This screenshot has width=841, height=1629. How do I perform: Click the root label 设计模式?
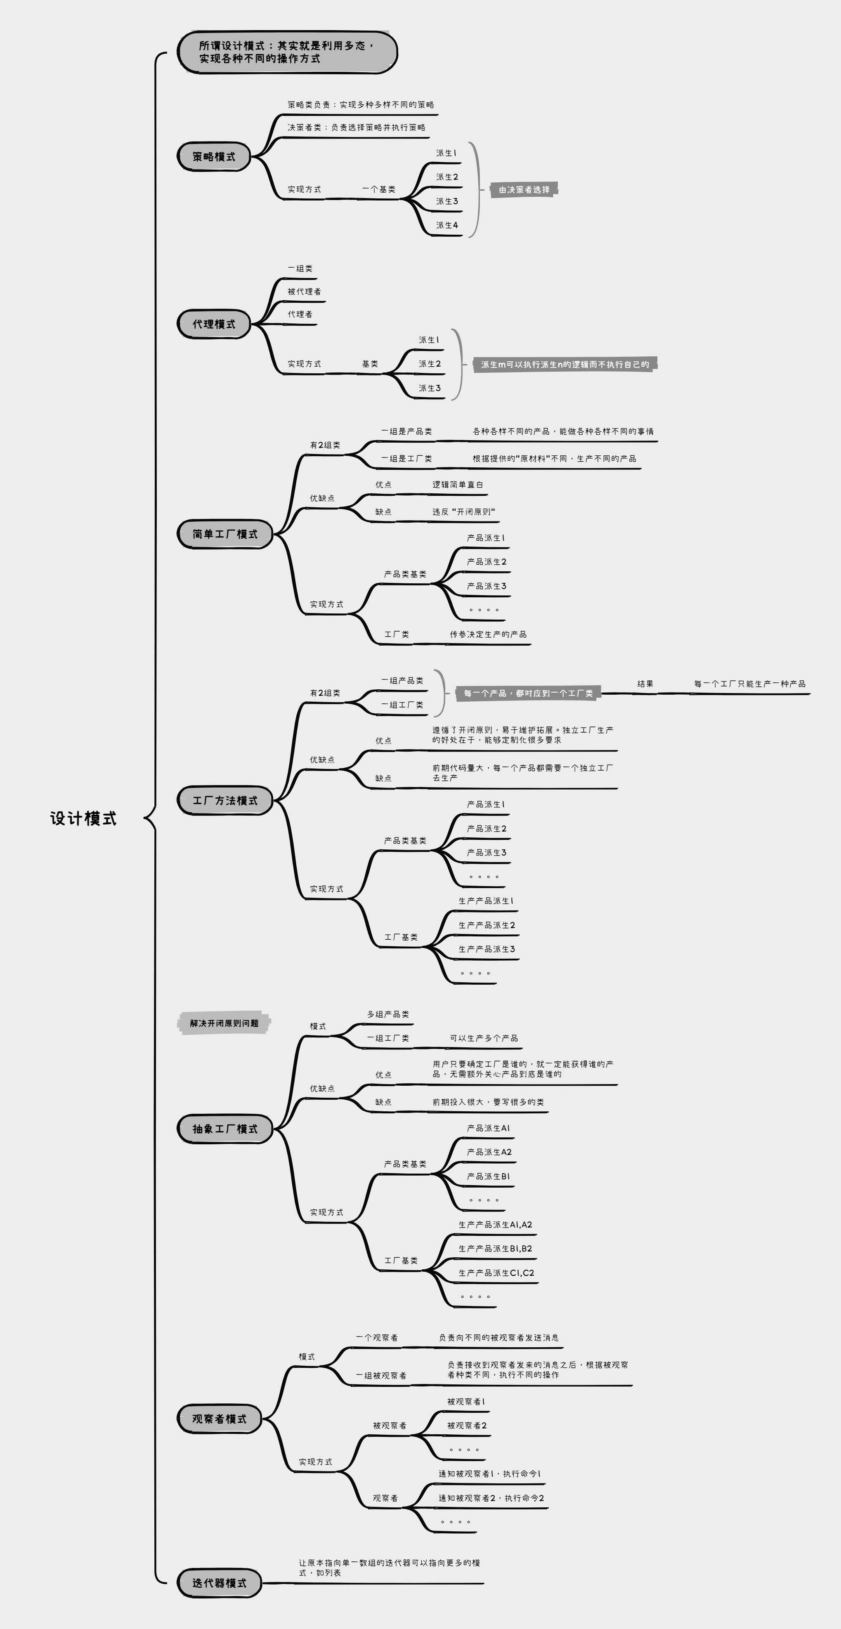(x=83, y=818)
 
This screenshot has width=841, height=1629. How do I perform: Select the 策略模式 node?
(x=214, y=156)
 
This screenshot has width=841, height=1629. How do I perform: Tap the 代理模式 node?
(x=214, y=324)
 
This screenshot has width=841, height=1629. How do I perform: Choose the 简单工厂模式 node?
(x=224, y=534)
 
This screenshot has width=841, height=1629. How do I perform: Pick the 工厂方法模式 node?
(x=224, y=801)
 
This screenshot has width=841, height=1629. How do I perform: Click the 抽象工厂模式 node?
(x=224, y=1129)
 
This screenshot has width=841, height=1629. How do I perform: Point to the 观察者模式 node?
(x=219, y=1419)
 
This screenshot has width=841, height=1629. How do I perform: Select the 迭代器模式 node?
(x=219, y=1583)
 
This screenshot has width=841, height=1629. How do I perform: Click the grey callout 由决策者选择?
(x=524, y=190)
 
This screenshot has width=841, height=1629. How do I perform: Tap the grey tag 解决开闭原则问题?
(x=224, y=1023)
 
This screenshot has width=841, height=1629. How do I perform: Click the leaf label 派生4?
(x=447, y=225)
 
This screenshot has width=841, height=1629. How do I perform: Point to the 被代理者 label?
(x=305, y=292)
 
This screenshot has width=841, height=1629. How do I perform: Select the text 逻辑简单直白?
(x=458, y=484)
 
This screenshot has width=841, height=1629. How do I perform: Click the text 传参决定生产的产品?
(x=488, y=634)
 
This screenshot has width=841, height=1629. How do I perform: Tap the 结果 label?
(x=645, y=684)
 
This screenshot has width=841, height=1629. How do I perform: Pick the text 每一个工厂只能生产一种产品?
(x=749, y=684)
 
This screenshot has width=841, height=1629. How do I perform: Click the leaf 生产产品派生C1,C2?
(x=496, y=1273)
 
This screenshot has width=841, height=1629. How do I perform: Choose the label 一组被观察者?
(x=381, y=1375)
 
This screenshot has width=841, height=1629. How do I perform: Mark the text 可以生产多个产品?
(x=484, y=1038)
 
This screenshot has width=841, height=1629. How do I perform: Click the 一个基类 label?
(x=378, y=189)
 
